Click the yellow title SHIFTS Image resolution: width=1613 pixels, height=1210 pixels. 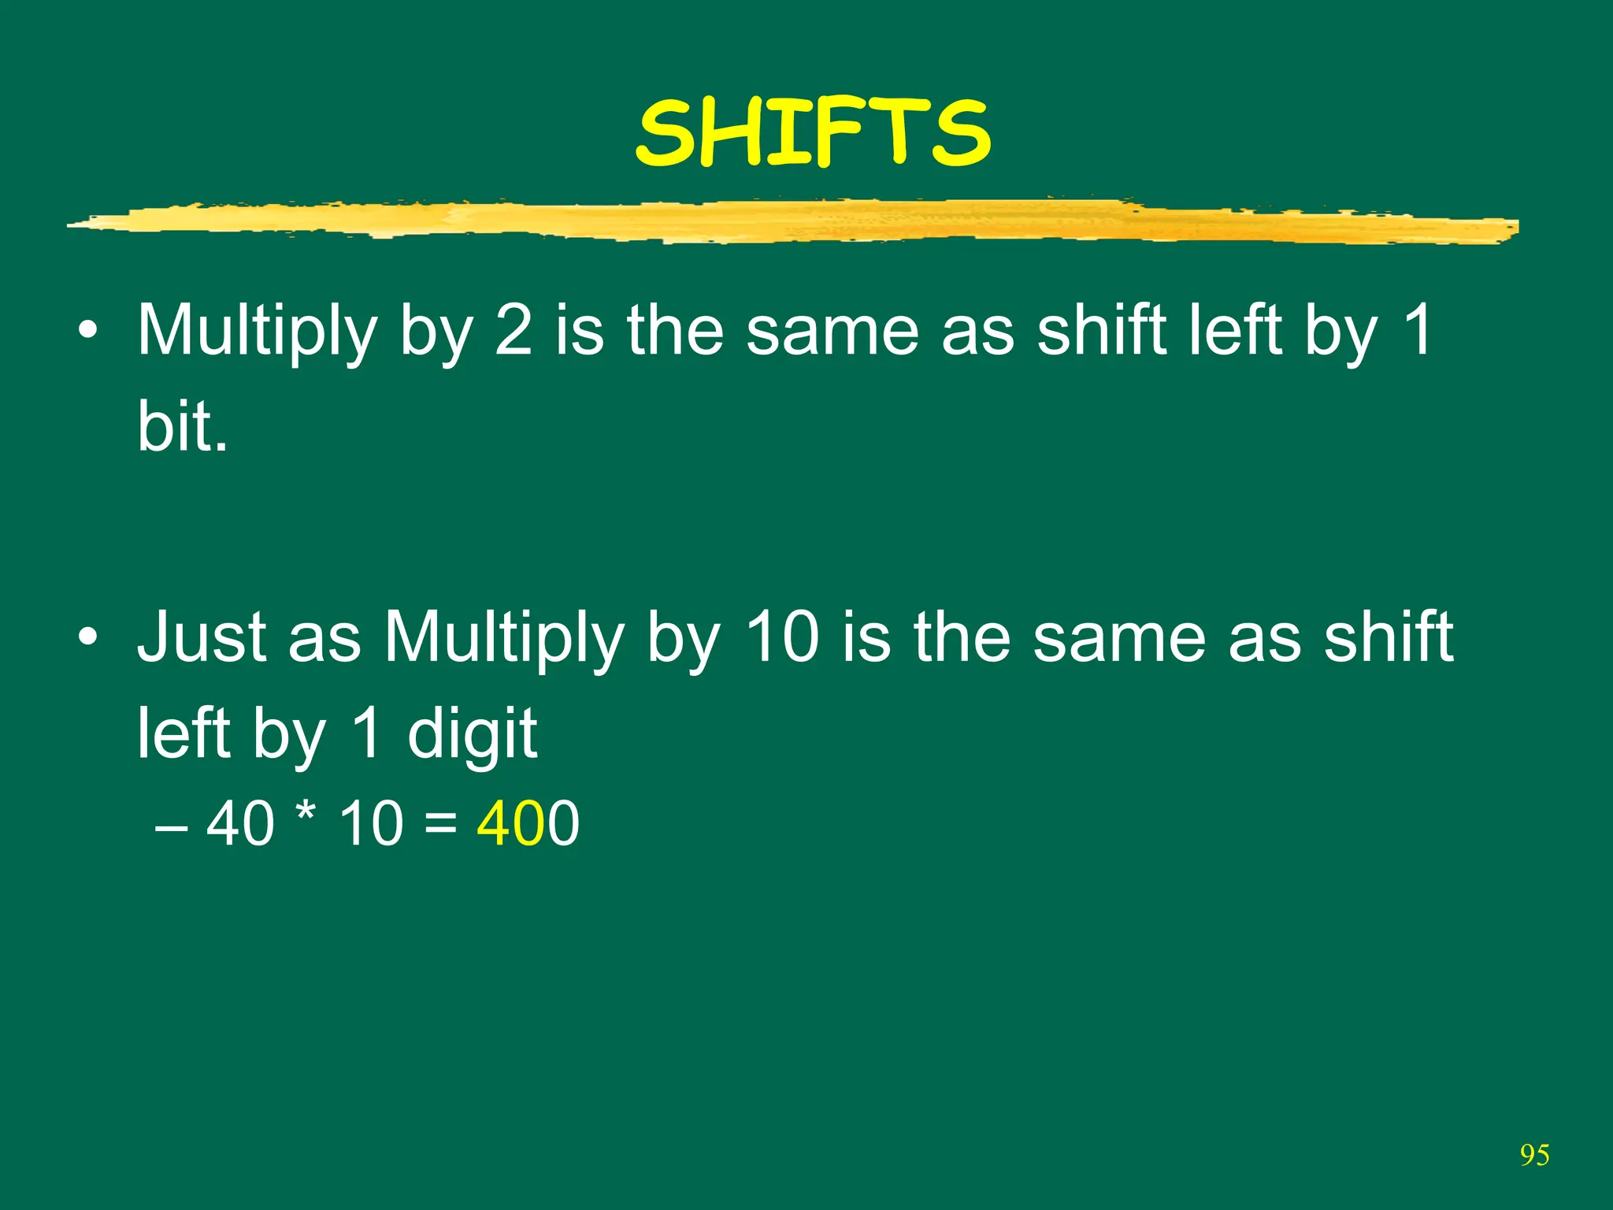(x=812, y=134)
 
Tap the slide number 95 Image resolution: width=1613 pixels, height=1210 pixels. (x=1534, y=1155)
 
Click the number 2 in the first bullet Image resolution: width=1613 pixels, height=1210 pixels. (x=514, y=330)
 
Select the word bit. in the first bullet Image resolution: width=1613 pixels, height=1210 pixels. (x=183, y=426)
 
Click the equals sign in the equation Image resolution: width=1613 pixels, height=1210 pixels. (x=439, y=824)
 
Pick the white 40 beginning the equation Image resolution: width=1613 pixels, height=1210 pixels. (x=240, y=824)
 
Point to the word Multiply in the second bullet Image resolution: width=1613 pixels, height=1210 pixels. (x=503, y=638)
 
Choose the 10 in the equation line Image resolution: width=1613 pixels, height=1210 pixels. (x=371, y=824)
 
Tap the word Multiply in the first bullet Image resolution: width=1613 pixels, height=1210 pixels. (x=257, y=332)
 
